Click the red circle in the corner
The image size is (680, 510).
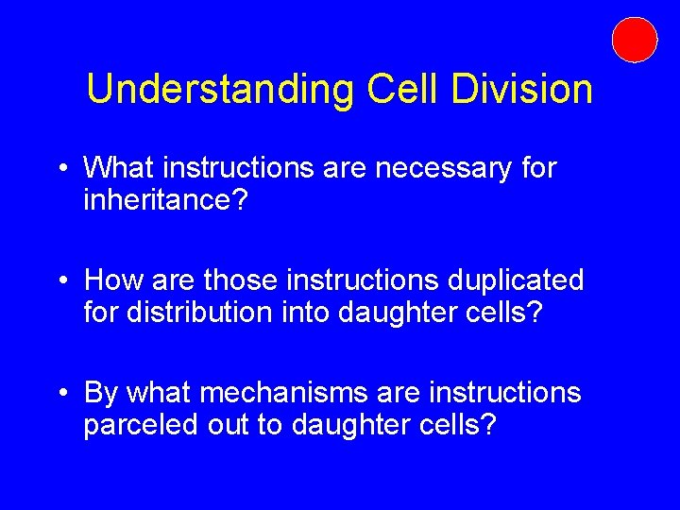tap(634, 40)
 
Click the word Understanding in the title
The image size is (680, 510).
tap(218, 89)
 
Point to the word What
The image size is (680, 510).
tap(119, 169)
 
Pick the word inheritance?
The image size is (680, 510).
tap(165, 202)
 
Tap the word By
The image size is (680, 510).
tap(102, 392)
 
